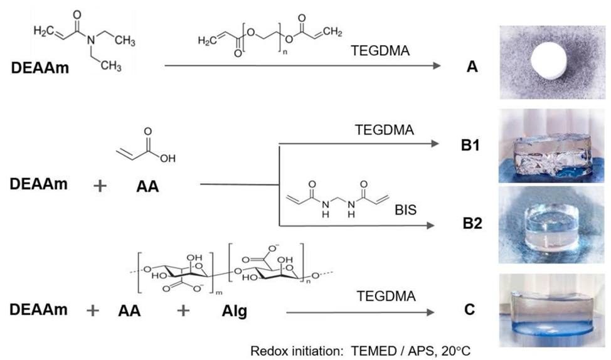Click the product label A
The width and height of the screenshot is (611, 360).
472,66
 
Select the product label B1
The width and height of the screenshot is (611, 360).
470,145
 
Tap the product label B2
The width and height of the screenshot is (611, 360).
472,223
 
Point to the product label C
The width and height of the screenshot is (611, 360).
470,309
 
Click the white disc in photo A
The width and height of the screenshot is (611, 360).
549,61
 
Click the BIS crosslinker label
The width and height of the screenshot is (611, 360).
406,209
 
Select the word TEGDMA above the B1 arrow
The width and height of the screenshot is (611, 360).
384,130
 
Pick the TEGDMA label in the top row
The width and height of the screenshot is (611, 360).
380,51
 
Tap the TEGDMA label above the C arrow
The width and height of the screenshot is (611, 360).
386,296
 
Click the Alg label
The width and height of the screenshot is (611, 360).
235,311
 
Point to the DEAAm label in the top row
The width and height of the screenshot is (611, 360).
40,68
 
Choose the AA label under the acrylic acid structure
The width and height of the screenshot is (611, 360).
147,187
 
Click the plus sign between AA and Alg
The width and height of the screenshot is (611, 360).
183,310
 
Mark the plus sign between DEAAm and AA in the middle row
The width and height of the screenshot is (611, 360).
100,186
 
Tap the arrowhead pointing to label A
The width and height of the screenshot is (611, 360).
437,65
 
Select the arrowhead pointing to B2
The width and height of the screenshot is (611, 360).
430,226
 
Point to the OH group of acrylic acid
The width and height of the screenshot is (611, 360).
167,158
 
